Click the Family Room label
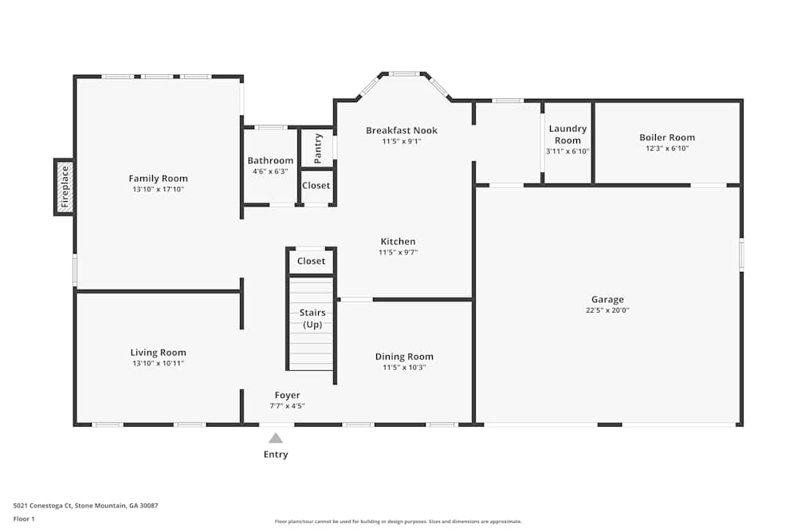158,179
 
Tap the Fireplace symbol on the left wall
65,187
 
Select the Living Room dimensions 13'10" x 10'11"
158,364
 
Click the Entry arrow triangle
275,438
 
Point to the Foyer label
287,395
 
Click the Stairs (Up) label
312,318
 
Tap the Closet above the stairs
311,261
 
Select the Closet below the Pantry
316,185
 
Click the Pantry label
318,148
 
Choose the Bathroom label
270,160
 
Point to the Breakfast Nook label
402,131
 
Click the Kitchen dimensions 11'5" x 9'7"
398,253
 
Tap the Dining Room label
404,357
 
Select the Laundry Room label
567,134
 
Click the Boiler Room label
667,137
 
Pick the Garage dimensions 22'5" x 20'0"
608,311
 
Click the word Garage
608,300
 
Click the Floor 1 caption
24,518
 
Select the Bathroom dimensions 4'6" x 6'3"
270,171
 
